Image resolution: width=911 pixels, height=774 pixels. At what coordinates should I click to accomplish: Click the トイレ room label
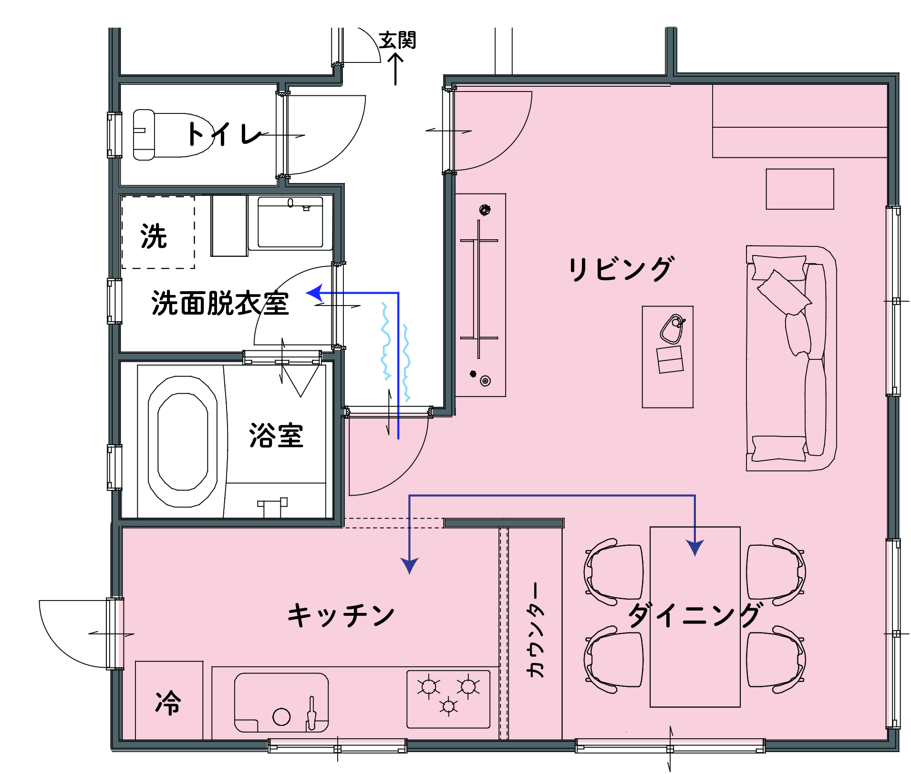point(225,134)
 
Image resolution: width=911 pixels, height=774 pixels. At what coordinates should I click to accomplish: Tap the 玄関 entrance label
point(397,41)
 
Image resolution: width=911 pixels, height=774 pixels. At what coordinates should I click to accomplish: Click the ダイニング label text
point(694,615)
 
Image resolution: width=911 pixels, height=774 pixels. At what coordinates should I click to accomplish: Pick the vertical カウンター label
point(536,630)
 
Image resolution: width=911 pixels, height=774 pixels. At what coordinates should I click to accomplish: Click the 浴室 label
point(276,435)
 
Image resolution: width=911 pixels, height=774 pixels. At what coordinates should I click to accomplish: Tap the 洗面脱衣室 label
point(220,303)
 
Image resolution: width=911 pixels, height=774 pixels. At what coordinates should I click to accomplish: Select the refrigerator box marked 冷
point(169,700)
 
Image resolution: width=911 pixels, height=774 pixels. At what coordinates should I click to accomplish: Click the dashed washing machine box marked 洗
point(158,233)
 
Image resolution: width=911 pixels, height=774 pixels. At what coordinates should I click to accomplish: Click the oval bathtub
point(183,441)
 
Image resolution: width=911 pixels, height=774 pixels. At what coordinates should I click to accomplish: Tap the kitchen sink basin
point(281,703)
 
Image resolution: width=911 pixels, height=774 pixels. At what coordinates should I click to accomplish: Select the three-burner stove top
point(448,699)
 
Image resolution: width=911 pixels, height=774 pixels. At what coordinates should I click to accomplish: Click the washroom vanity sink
point(290,223)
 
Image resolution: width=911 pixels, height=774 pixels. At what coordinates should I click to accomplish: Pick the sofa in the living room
point(791,358)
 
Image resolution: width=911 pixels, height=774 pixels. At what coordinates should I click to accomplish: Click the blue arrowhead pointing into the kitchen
point(410,566)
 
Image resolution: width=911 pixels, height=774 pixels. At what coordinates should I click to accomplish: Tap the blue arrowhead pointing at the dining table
point(695,548)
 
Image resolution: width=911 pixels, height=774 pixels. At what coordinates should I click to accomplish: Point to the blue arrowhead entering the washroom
point(314,293)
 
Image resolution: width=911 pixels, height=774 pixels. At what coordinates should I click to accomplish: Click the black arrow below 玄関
point(395,69)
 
